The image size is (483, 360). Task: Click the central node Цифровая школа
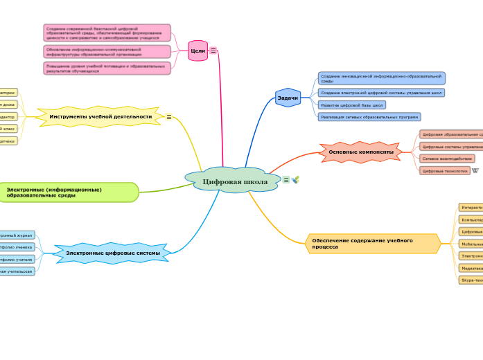tap(234, 181)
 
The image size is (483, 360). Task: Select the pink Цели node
tap(197, 51)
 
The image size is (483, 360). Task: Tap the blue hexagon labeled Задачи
tap(288, 98)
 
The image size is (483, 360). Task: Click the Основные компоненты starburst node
tap(360, 152)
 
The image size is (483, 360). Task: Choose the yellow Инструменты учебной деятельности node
tap(100, 116)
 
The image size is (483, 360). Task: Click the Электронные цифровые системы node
tap(112, 253)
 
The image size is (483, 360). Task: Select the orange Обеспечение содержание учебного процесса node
tap(371, 244)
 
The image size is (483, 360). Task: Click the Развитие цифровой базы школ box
tap(352, 105)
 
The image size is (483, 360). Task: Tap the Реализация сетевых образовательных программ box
tap(369, 117)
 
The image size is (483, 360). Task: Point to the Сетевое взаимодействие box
tap(447, 159)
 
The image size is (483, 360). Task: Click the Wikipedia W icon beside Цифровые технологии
tap(475, 170)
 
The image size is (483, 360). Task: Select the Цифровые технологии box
tap(445, 170)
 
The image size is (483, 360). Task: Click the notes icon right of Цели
tap(213, 51)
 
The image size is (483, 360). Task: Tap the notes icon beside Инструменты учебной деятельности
tap(169, 117)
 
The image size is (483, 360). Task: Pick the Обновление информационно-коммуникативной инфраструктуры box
tap(107, 51)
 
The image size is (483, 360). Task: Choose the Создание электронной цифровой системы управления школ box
tap(381, 93)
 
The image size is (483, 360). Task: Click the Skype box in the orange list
tap(471, 280)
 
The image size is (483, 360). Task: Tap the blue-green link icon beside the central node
tap(295, 180)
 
